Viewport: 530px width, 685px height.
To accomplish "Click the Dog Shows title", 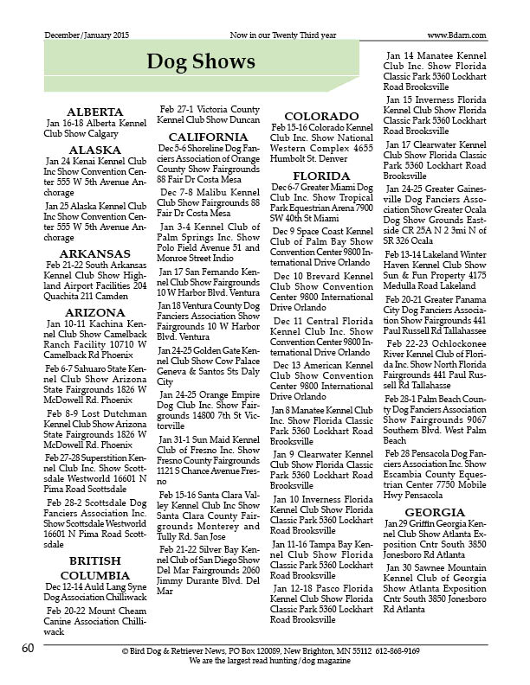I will tap(200, 61).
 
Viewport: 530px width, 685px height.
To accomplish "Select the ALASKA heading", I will tap(96, 149).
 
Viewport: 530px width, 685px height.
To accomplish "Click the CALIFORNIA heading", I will tap(208, 137).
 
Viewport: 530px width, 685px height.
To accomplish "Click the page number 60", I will tap(28, 648).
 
